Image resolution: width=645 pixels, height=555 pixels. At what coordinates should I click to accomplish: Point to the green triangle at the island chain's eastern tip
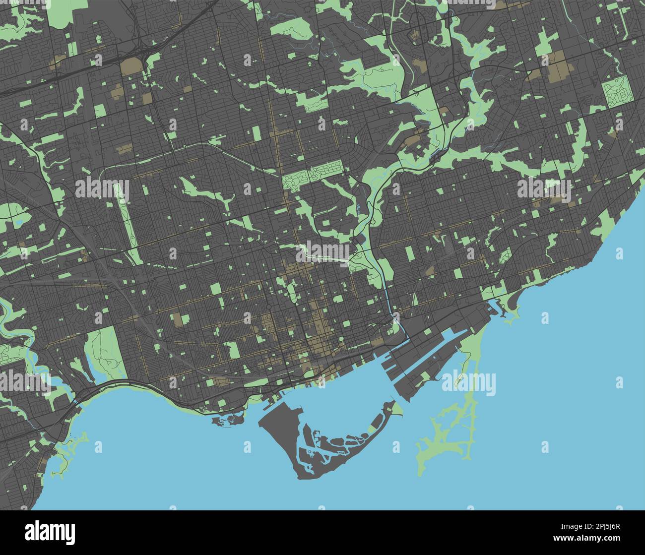(397, 409)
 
